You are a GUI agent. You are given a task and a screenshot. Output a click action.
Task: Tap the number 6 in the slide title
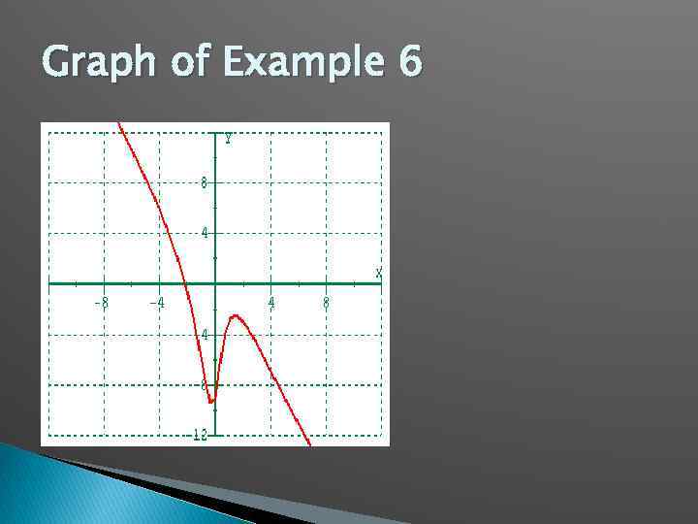click(408, 63)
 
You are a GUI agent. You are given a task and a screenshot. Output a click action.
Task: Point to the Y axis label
click(228, 139)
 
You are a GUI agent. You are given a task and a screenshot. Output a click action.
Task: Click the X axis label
click(379, 272)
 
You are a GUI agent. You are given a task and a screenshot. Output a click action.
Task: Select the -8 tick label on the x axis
click(101, 303)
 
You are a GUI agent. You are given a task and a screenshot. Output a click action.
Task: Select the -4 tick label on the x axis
click(157, 303)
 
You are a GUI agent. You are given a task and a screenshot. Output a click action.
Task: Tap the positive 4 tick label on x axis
click(271, 303)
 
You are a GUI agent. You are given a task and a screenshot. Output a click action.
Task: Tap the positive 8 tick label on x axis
click(326, 303)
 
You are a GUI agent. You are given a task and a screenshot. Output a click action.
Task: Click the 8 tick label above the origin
click(205, 182)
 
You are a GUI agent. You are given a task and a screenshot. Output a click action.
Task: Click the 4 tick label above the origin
click(205, 233)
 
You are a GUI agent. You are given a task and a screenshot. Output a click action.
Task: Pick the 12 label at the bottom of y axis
click(200, 435)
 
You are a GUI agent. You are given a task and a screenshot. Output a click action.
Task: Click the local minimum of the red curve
click(211, 401)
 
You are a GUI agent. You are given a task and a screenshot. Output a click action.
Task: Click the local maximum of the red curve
click(235, 316)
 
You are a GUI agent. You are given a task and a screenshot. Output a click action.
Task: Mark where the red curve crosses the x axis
click(185, 284)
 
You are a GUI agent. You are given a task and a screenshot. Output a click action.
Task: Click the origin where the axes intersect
click(215, 284)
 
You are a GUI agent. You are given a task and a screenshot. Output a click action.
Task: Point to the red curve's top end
click(119, 124)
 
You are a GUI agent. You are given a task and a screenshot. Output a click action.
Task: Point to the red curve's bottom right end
click(309, 444)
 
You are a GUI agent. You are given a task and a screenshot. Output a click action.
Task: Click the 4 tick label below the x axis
click(205, 335)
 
